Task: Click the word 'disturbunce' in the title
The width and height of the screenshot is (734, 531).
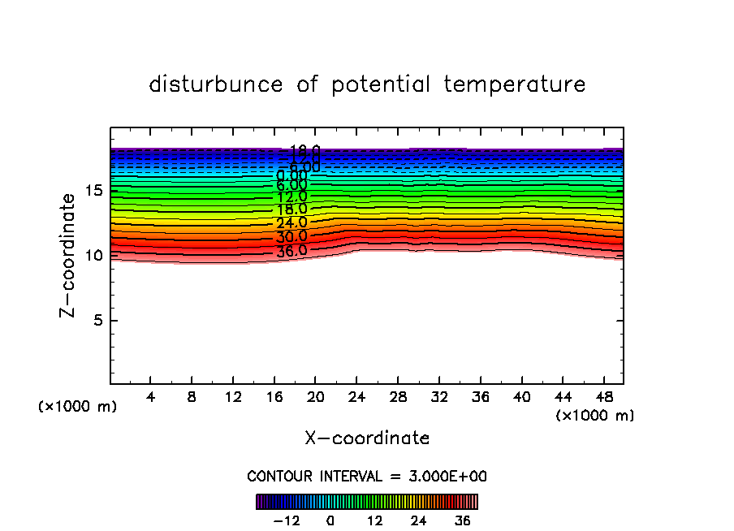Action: click(x=216, y=84)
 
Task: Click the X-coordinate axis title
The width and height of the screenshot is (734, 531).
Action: click(x=367, y=438)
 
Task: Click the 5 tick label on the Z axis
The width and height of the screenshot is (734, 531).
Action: click(x=97, y=320)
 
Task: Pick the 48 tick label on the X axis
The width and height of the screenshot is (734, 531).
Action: click(x=603, y=397)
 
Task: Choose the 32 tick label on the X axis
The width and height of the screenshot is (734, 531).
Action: click(x=438, y=397)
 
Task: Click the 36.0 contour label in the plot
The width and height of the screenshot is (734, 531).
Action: click(x=291, y=251)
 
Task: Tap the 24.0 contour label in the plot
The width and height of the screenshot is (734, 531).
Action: click(x=291, y=222)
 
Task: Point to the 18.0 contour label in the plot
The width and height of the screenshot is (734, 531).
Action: click(x=291, y=209)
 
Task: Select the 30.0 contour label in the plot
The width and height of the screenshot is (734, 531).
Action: click(x=291, y=236)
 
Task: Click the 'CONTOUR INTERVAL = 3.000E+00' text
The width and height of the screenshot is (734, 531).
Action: click(x=367, y=476)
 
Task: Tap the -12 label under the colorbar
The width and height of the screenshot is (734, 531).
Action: click(x=287, y=520)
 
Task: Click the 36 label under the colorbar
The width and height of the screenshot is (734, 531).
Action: click(x=463, y=520)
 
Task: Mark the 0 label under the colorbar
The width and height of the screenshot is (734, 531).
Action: click(x=330, y=520)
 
